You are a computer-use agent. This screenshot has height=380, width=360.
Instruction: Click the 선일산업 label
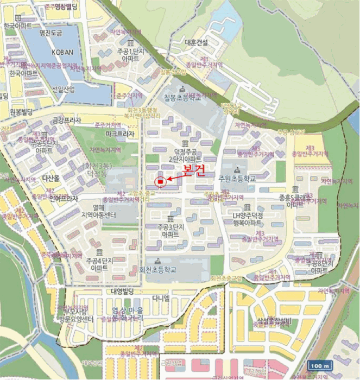pyautogui.click(x=64, y=90)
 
